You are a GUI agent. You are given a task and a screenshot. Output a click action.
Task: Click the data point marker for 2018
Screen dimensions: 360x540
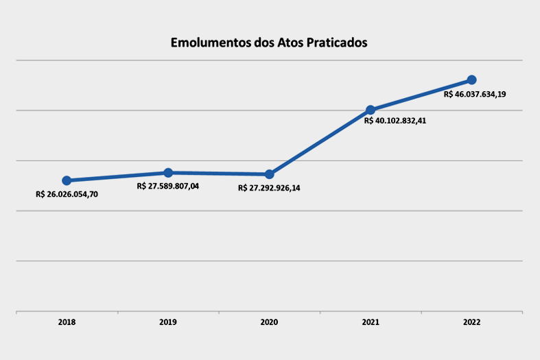point(67,180)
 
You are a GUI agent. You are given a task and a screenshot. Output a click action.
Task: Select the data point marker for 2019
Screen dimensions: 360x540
point(168,172)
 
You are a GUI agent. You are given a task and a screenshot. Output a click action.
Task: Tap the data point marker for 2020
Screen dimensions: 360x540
point(269,174)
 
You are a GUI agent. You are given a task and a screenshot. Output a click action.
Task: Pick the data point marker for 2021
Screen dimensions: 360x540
point(371,110)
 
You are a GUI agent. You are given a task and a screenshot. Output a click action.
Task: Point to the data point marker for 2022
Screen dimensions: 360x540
point(471,80)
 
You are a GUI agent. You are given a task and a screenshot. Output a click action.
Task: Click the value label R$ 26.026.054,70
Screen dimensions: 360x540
point(67,194)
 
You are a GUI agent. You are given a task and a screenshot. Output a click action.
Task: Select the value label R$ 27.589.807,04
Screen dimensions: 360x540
point(168,186)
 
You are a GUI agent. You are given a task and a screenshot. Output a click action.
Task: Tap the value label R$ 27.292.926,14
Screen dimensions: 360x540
point(269,188)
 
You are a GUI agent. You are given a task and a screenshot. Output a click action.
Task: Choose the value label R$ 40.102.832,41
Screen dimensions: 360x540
point(395,121)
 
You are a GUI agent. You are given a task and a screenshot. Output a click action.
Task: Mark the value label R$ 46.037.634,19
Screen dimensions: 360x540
point(475,95)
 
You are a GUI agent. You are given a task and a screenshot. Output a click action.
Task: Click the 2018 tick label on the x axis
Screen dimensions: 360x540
point(67,322)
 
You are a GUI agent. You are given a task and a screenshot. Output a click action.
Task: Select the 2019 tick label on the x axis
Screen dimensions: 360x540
point(168,322)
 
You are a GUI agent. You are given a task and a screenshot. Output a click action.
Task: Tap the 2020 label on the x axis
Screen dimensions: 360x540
point(269,322)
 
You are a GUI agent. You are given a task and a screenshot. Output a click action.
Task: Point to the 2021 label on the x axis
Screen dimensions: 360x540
point(371,322)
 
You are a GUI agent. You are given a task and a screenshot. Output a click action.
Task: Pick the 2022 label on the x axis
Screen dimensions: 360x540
point(471,322)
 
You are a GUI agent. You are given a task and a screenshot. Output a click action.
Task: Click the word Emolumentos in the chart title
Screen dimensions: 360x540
point(210,43)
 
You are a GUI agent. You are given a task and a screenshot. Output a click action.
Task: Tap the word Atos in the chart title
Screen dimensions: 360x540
point(289,43)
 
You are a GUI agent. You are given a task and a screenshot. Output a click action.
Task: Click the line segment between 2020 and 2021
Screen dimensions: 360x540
point(320,142)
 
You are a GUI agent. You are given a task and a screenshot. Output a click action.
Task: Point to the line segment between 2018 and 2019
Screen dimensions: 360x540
point(117,176)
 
